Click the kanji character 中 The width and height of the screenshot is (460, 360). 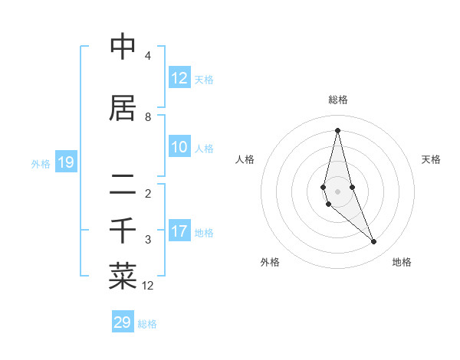point(123,47)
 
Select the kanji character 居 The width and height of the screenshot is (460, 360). point(123,108)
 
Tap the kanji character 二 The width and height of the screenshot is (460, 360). point(123,185)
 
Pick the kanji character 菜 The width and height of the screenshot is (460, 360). point(123,277)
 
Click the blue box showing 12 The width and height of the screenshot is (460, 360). point(179,78)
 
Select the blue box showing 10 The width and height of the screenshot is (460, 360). point(179,147)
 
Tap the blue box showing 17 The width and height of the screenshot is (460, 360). point(179,231)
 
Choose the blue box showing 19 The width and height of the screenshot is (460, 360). point(65,162)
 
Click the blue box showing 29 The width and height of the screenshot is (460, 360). point(123,322)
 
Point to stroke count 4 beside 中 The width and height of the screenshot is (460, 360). point(148,56)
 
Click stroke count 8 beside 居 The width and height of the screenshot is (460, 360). point(148,117)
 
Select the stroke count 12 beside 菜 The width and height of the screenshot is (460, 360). point(148,286)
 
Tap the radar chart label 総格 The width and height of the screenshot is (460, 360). point(338,100)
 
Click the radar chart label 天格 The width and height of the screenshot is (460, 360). point(432,159)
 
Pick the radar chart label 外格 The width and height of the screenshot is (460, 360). point(270,262)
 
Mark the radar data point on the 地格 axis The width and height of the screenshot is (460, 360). point(374,242)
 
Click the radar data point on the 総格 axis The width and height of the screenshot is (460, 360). point(337,129)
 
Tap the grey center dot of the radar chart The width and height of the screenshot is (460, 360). point(337,191)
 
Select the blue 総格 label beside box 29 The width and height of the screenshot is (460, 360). point(147,324)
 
